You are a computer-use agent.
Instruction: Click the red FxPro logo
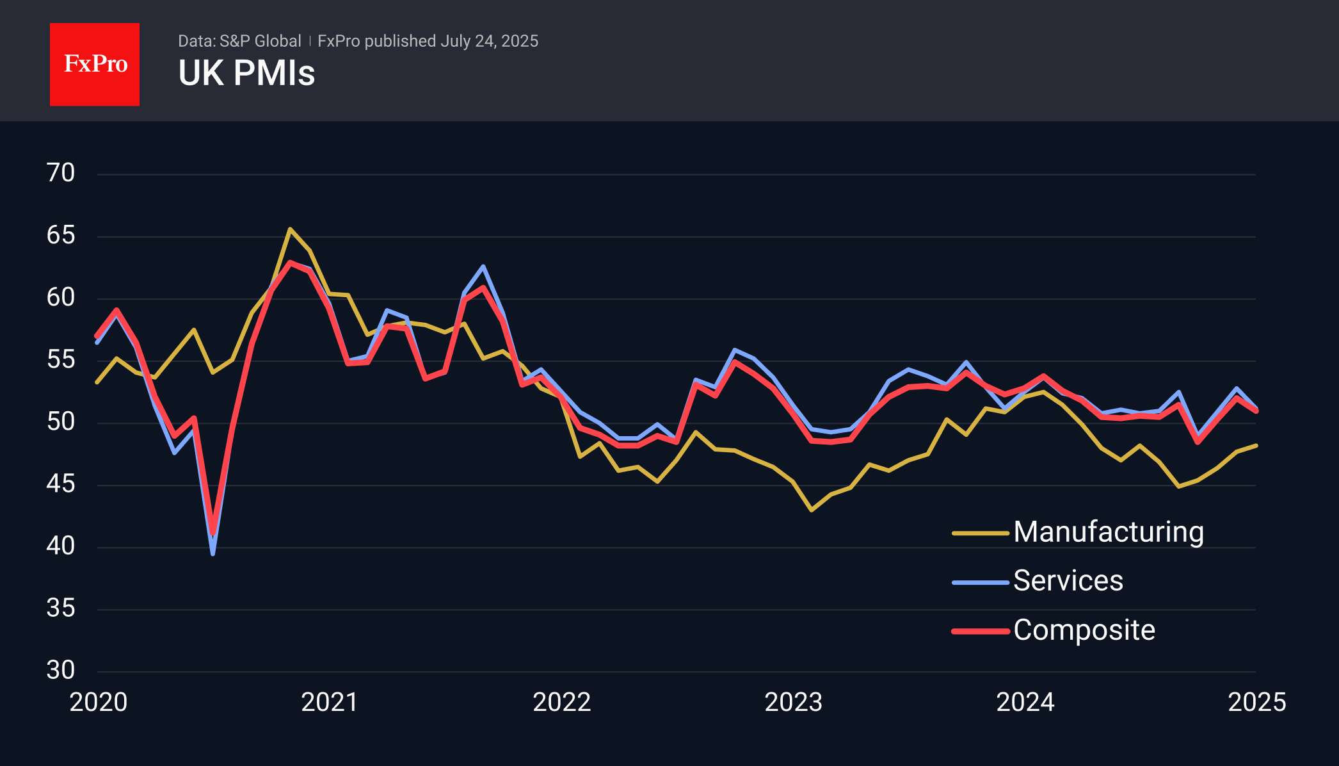(x=95, y=64)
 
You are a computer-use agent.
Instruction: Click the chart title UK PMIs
(x=246, y=73)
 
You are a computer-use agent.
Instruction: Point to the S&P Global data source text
(x=239, y=41)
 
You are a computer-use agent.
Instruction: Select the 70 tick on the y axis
(x=61, y=173)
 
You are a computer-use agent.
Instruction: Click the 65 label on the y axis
(x=61, y=235)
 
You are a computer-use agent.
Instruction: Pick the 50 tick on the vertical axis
(x=61, y=421)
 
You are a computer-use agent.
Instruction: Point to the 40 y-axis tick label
(x=61, y=546)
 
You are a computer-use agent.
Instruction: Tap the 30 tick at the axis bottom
(x=61, y=670)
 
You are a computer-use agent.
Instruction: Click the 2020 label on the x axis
(x=99, y=702)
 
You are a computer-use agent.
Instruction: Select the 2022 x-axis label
(x=561, y=702)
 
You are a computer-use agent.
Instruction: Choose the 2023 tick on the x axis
(x=793, y=702)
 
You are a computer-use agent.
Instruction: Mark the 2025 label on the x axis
(x=1256, y=702)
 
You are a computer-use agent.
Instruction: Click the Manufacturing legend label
(x=1109, y=532)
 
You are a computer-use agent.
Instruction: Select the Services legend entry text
(x=1068, y=581)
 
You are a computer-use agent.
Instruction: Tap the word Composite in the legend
(x=1084, y=630)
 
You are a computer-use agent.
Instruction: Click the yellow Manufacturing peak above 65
(x=290, y=229)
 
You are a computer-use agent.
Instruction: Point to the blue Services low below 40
(x=212, y=554)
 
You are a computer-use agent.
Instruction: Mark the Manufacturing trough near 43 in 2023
(x=812, y=510)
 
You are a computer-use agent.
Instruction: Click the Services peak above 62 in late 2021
(x=483, y=266)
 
